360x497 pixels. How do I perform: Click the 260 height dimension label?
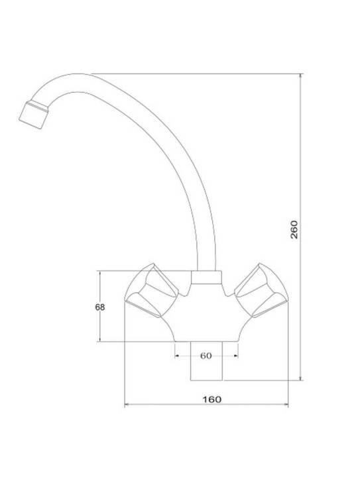click(294, 229)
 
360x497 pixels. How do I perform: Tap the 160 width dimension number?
click(212, 400)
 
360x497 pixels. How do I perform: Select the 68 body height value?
click(100, 307)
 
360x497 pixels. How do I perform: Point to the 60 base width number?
click(206, 356)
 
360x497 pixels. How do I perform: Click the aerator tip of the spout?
click(33, 115)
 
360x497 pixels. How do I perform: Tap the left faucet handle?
click(152, 290)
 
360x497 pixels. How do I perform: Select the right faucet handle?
click(261, 290)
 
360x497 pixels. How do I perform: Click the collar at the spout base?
click(206, 278)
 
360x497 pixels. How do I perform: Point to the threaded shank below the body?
click(206, 361)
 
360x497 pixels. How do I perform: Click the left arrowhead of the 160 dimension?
click(126, 404)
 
